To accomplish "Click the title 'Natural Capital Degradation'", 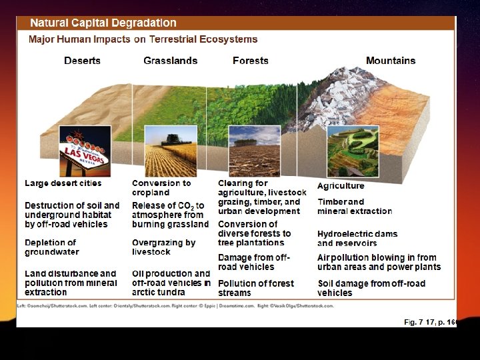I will click(103, 23).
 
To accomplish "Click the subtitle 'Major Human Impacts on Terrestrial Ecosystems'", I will click(133, 39).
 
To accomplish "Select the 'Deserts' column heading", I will click(82, 61).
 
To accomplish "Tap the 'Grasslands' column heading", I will click(171, 61).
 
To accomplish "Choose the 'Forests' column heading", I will click(251, 61).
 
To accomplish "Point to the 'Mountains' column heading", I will click(391, 61).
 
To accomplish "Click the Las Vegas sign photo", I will click(85, 151).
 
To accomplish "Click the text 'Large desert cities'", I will click(63, 183).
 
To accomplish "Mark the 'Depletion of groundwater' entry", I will click(51, 247).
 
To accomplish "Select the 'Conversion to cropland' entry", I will click(161, 187).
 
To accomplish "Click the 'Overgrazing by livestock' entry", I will click(163, 247).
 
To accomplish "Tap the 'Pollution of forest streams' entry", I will click(255, 288).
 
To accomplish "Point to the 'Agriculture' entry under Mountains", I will click(341, 186).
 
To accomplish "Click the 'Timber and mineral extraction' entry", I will click(355, 206).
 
